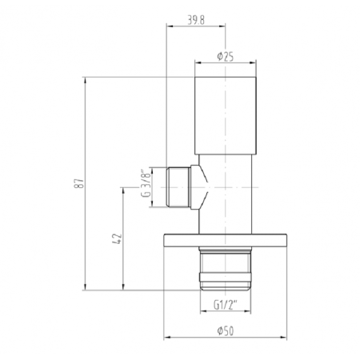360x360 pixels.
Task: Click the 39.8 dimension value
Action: (196, 20)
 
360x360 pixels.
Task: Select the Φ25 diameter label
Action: (226, 57)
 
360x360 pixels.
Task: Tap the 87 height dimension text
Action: (79, 183)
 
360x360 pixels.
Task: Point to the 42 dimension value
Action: (117, 238)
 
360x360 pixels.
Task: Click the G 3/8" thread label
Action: (146, 183)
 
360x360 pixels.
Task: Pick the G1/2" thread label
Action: (226, 305)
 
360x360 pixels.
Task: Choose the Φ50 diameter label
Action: (226, 331)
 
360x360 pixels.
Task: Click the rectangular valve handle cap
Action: (226, 116)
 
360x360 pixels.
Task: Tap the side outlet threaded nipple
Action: (178, 187)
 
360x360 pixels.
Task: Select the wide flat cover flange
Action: (226, 240)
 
